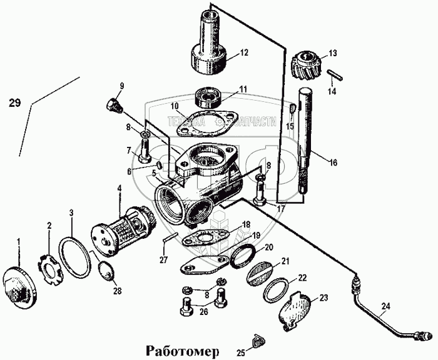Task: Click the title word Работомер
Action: (x=183, y=350)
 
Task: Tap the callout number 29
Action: (x=18, y=104)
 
